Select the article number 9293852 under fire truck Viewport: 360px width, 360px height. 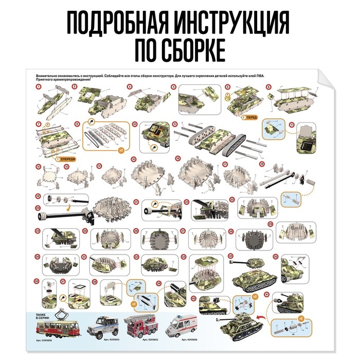tap(141, 339)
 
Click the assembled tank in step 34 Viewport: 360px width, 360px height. tap(250, 270)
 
